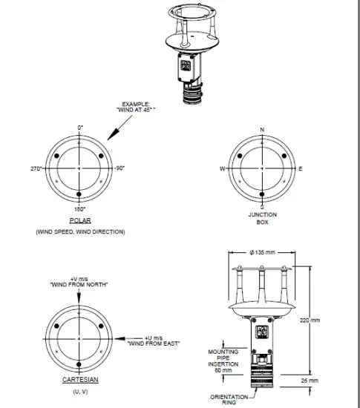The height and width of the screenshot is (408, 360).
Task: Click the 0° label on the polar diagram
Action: (80, 128)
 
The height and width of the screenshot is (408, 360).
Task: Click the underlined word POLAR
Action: (79, 221)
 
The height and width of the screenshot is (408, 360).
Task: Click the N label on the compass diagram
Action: (261, 129)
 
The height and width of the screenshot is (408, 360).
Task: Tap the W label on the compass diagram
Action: (222, 168)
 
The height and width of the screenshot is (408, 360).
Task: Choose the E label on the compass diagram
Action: (301, 168)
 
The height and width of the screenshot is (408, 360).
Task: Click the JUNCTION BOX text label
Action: (261, 218)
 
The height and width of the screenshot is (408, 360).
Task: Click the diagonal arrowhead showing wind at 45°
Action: (109, 136)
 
